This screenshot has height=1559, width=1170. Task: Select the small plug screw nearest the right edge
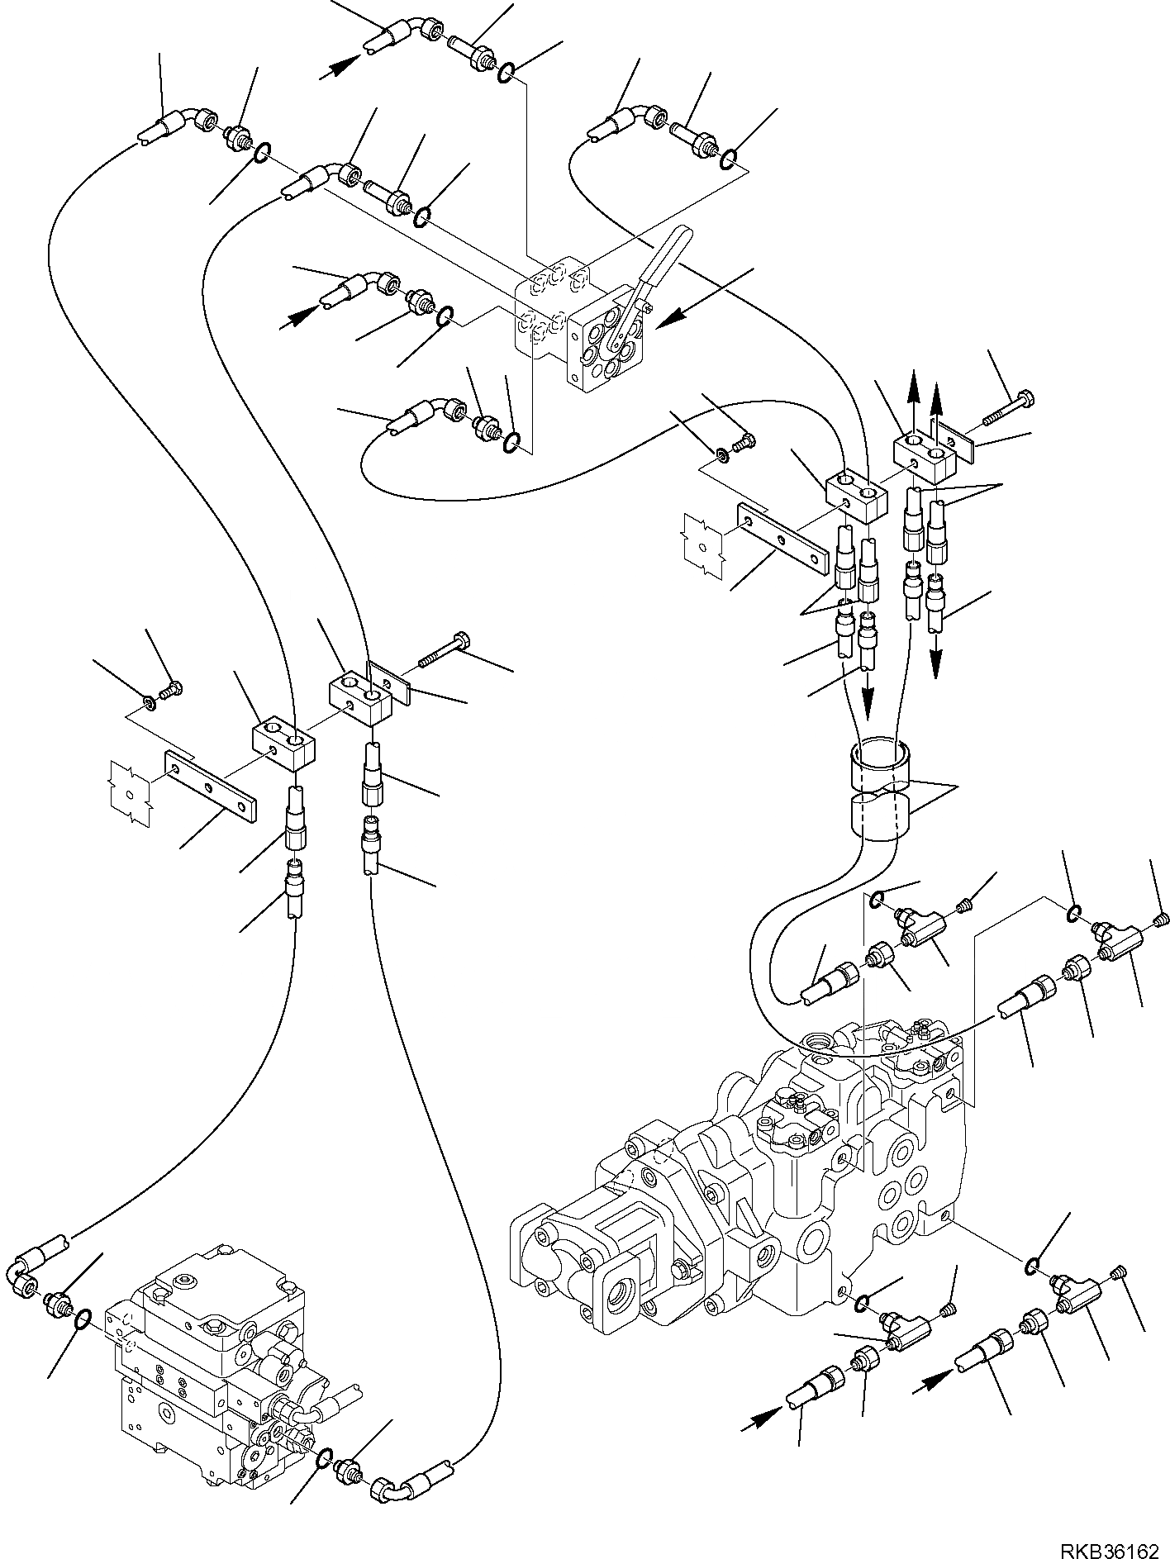(1163, 917)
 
